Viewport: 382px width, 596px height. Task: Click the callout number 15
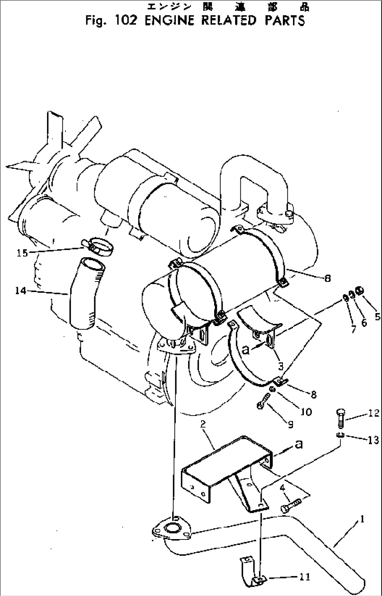click(22, 252)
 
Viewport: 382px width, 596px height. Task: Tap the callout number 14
click(20, 291)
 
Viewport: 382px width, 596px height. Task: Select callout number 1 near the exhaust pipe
click(362, 519)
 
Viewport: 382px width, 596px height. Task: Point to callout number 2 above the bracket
click(203, 424)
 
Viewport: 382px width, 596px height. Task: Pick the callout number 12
click(374, 413)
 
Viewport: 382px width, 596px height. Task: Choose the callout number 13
click(374, 440)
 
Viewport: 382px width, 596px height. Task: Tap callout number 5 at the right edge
click(377, 316)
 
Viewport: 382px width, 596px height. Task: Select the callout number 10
click(306, 411)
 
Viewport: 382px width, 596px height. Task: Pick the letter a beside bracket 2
click(299, 444)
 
